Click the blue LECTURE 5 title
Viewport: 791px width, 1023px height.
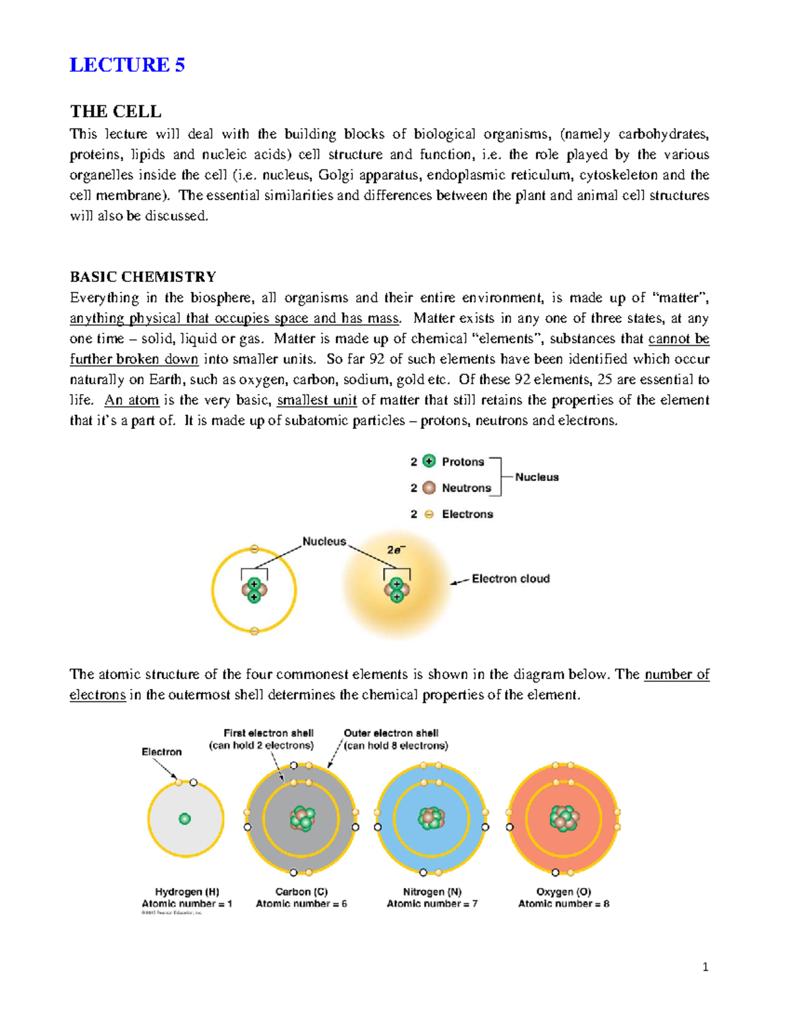[x=127, y=65]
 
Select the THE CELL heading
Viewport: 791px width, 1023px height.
[x=115, y=111]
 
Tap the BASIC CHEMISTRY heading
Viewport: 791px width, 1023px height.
[x=143, y=277]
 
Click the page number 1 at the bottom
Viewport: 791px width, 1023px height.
[x=705, y=967]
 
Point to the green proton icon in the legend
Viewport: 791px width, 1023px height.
[x=429, y=461]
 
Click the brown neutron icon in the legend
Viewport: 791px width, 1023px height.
[x=429, y=487]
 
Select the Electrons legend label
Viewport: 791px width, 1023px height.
[x=467, y=514]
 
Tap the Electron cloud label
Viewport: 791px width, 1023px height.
[x=510, y=578]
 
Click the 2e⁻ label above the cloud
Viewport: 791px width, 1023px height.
[x=395, y=549]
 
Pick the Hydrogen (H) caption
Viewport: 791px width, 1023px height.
[x=187, y=891]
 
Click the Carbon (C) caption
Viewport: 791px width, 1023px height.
[x=301, y=891]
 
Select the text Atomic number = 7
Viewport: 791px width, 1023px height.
[x=432, y=904]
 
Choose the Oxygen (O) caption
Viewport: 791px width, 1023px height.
[x=564, y=891]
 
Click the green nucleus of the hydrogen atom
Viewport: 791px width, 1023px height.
[x=185, y=819]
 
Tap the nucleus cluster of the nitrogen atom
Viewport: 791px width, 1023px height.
[x=431, y=819]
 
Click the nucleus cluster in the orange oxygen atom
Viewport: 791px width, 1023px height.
[x=564, y=819]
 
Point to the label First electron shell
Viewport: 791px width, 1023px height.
[x=268, y=733]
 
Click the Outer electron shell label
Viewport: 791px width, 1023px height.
[x=391, y=733]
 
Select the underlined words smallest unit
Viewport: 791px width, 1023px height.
[x=316, y=401]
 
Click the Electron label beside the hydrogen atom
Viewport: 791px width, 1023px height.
[x=161, y=752]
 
